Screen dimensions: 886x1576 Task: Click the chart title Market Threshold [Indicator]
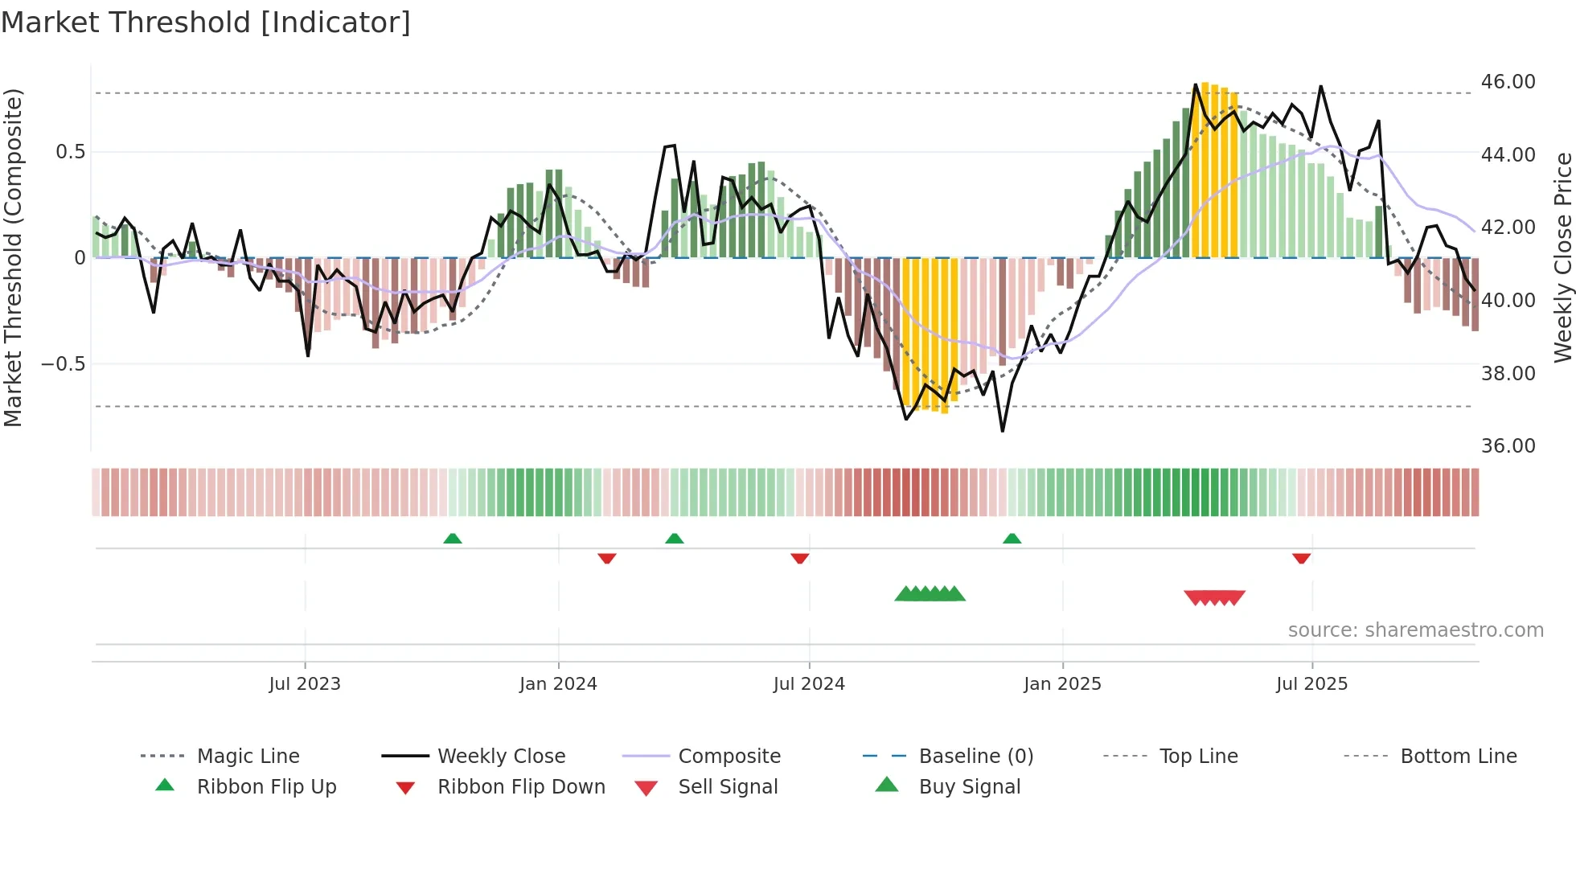click(206, 23)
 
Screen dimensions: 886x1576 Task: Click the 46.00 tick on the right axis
click(1508, 82)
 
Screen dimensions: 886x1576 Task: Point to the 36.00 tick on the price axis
click(1508, 446)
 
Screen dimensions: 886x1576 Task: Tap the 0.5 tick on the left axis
click(70, 152)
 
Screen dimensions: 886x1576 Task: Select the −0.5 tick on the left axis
click(63, 364)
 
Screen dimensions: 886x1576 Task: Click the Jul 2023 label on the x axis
click(305, 684)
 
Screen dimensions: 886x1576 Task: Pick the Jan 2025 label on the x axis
click(1062, 684)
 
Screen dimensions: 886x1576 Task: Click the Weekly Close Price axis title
click(1562, 257)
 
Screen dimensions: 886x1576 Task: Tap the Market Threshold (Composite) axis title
click(13, 257)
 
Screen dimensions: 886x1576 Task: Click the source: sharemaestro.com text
click(1415, 630)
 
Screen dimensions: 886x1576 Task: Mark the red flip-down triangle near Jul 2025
click(1301, 558)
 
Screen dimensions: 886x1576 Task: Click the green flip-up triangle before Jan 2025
click(1012, 539)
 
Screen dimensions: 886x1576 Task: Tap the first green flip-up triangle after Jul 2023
click(453, 539)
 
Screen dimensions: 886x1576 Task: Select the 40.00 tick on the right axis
click(1508, 301)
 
